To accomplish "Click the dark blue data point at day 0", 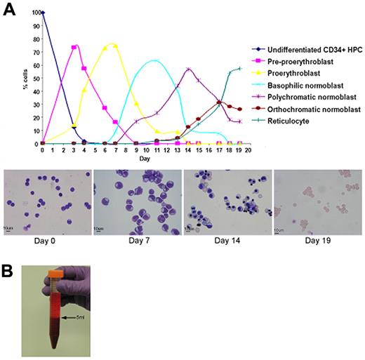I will coord(42,13).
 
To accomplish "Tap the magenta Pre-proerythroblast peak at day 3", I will coord(74,47).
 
